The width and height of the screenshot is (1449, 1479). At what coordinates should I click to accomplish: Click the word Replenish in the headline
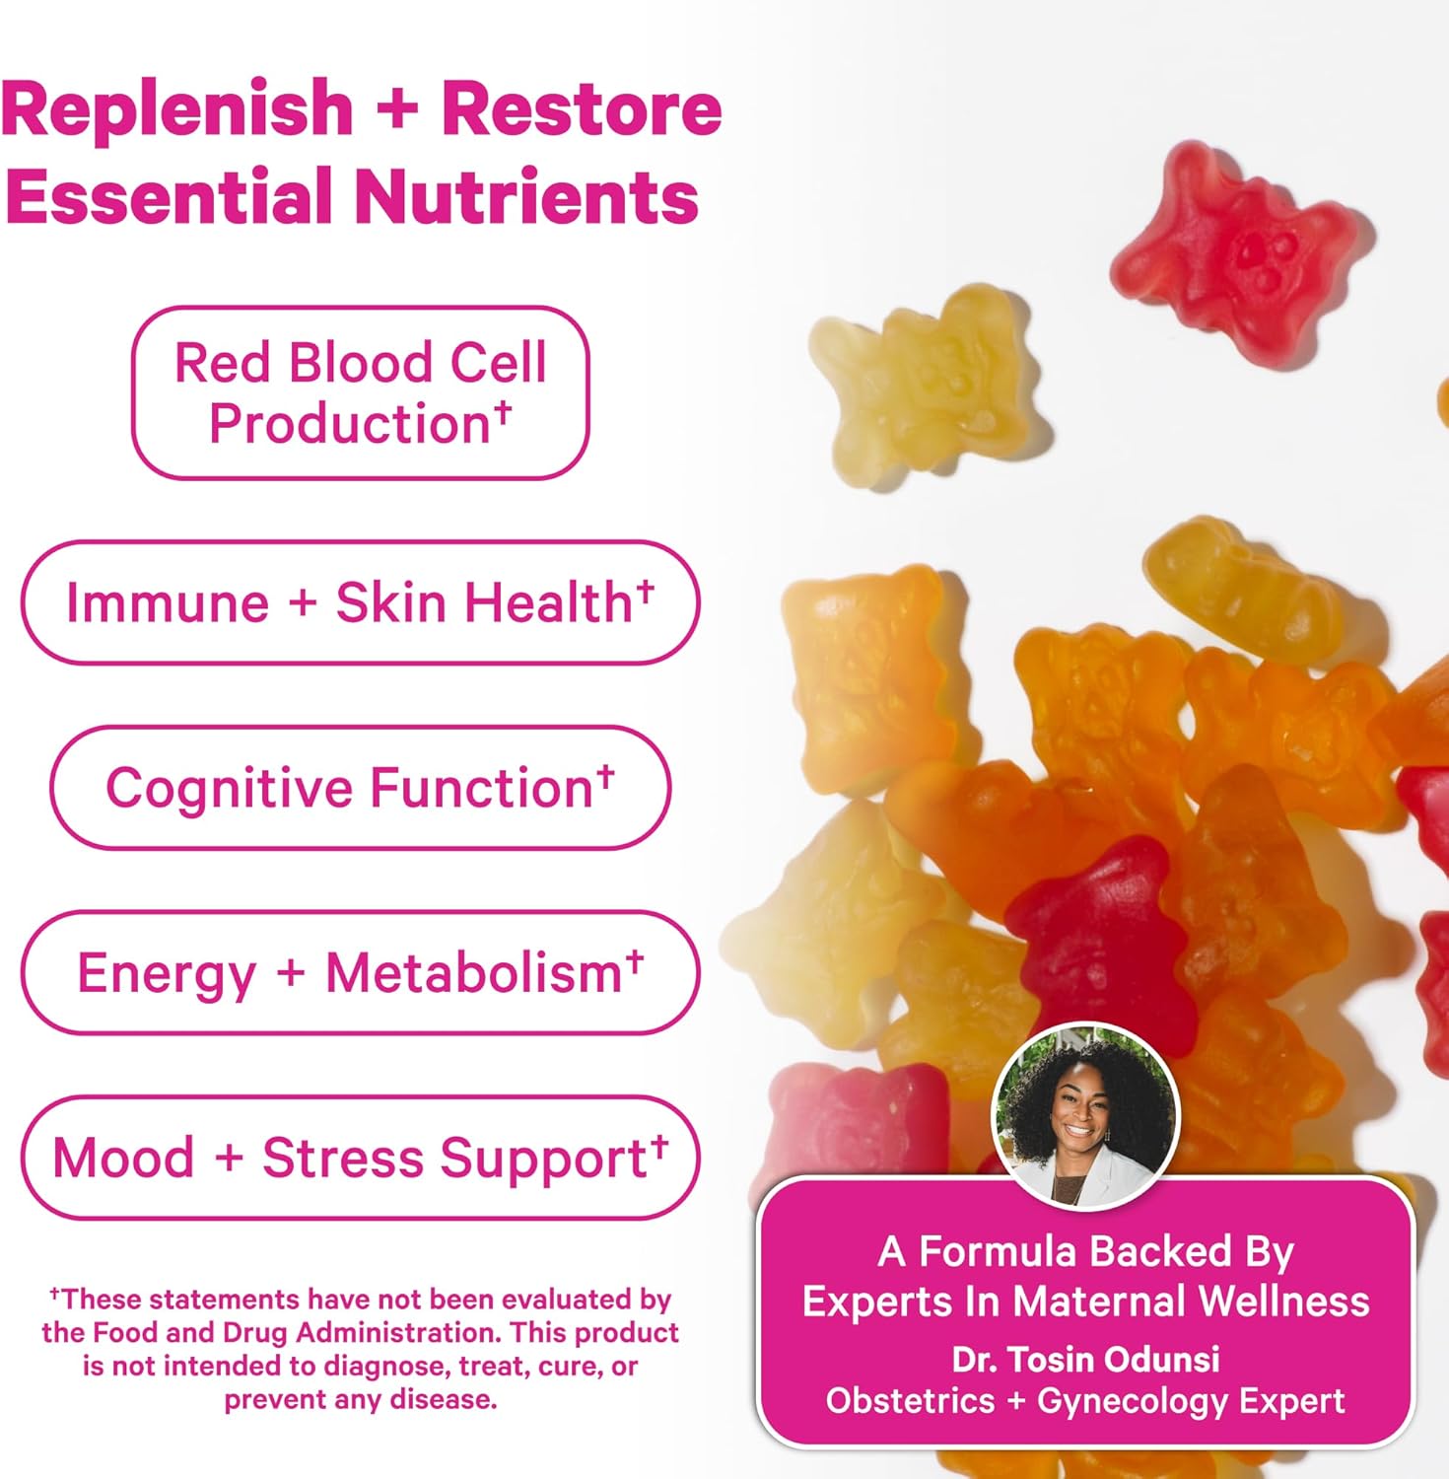pos(177,110)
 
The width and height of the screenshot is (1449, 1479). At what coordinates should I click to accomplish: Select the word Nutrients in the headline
pos(527,195)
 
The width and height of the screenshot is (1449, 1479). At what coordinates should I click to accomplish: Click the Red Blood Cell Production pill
pos(361,392)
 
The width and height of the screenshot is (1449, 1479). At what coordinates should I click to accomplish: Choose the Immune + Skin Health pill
pos(361,601)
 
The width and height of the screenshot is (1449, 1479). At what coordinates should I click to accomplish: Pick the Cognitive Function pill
pos(361,787)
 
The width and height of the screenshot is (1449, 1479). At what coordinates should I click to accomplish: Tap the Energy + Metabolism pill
pos(361,972)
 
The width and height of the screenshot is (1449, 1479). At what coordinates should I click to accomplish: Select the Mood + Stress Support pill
pos(361,1158)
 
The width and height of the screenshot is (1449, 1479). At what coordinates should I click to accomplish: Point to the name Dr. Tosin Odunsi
pos(1085,1359)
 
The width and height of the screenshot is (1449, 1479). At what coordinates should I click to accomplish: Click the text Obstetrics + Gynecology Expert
pos(1085,1400)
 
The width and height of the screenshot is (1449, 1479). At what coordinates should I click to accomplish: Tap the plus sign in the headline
pos(397,110)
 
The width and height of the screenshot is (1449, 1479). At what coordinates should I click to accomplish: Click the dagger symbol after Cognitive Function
pos(605,775)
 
